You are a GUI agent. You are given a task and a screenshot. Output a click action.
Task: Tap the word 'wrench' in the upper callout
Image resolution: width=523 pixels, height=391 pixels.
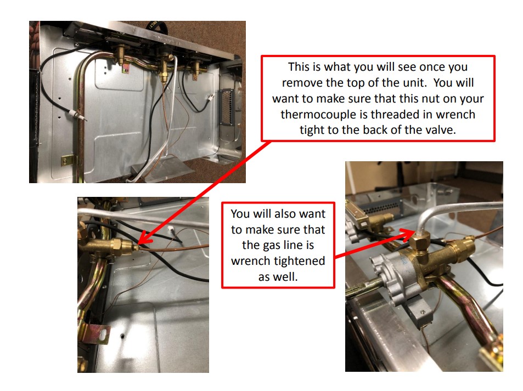tap(454, 115)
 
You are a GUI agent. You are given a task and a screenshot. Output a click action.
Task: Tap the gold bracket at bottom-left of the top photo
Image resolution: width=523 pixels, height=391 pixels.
tap(68, 160)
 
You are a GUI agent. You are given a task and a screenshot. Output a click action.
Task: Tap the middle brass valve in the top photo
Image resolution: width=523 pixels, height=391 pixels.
tap(163, 70)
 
